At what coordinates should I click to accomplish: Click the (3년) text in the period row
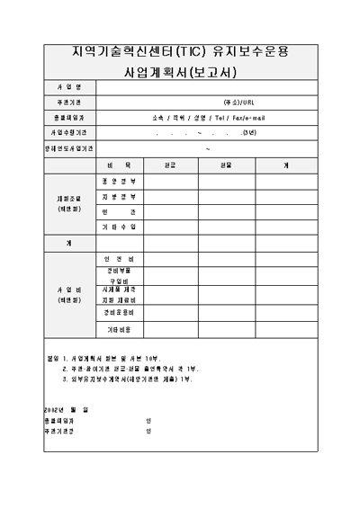pyautogui.click(x=248, y=132)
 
